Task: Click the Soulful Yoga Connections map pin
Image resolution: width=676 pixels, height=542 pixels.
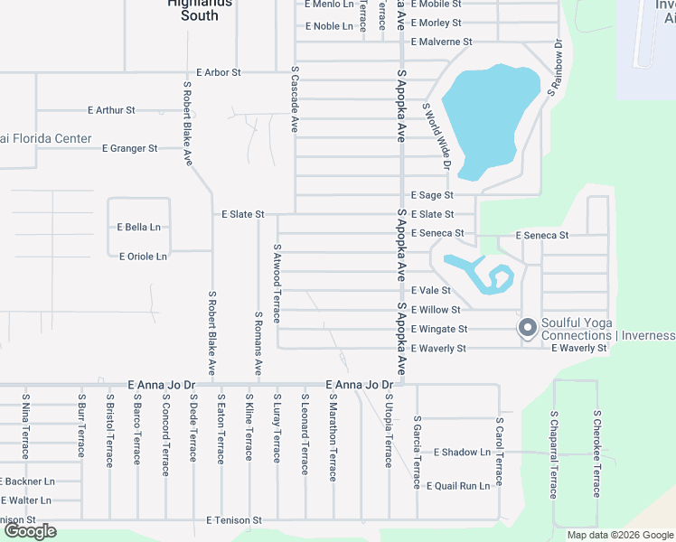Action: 527,328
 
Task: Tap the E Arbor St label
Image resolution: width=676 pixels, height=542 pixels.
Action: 219,71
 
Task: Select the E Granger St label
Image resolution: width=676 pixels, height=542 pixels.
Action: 129,148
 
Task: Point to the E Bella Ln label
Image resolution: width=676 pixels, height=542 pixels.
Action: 138,227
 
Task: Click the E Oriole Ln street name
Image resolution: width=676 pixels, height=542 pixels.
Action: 143,257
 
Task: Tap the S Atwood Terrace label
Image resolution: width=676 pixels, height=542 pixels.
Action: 277,284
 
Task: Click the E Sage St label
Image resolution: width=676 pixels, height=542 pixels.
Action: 431,194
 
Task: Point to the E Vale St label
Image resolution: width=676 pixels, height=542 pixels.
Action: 430,291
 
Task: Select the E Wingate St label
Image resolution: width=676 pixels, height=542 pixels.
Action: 438,330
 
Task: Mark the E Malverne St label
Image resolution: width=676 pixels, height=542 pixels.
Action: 441,42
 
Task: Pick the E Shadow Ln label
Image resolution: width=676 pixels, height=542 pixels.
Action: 462,452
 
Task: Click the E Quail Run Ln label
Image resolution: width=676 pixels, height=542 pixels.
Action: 457,485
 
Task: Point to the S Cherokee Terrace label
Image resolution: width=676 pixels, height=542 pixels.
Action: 596,453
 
